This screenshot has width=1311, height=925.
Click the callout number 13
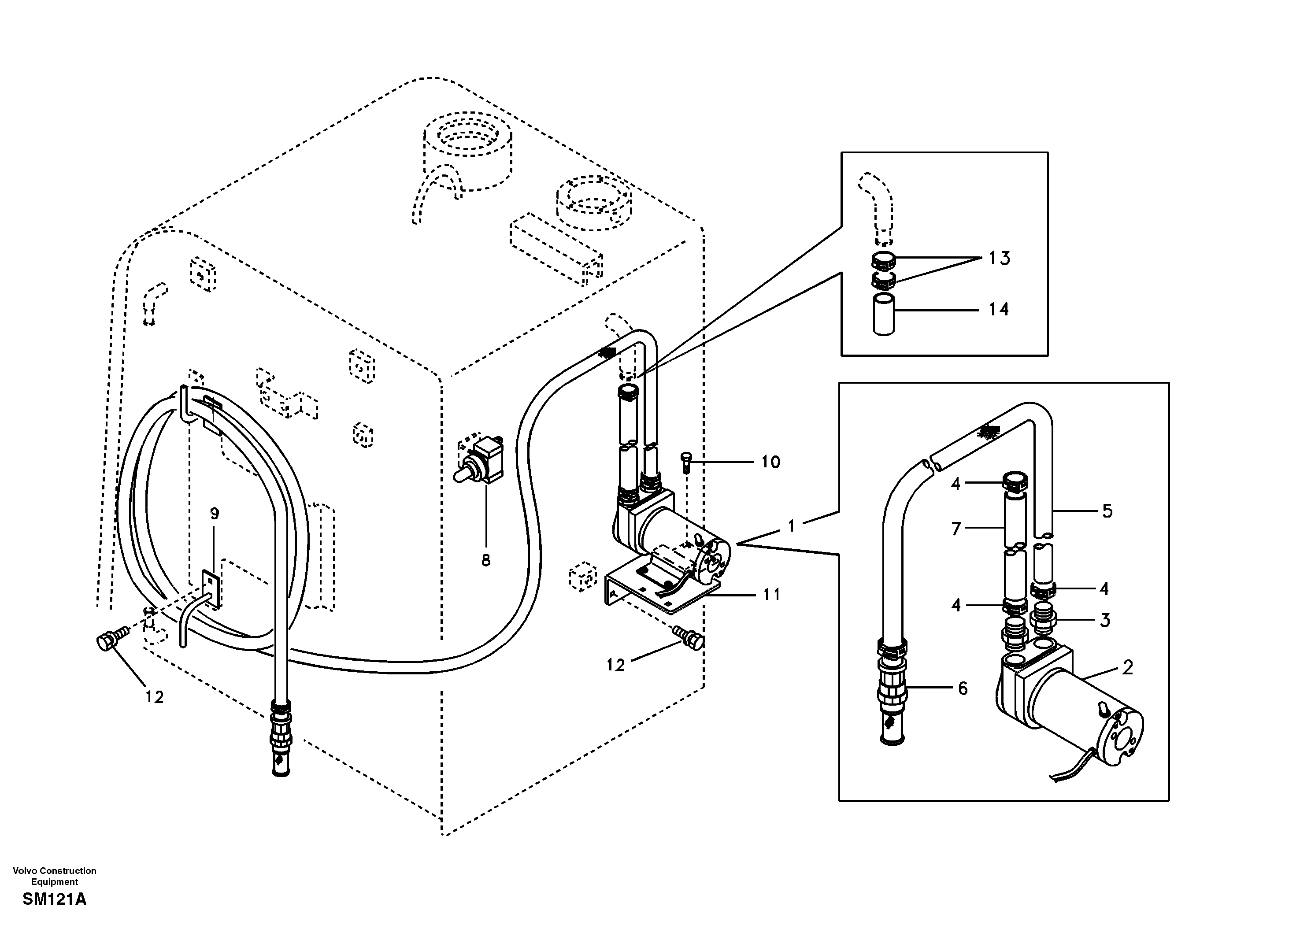(999, 258)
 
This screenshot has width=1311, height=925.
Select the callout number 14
(999, 310)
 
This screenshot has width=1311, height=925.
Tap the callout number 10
(770, 462)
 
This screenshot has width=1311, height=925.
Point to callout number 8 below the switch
(486, 561)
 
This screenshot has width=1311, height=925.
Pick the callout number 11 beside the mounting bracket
(771, 595)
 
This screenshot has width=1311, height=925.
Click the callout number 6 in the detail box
(963, 688)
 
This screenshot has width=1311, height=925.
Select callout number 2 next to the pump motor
(1127, 667)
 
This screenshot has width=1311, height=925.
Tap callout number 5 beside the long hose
(1107, 511)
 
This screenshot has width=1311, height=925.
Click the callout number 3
(1105, 620)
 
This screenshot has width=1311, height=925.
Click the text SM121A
(54, 900)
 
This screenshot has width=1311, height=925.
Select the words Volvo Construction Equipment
(54, 876)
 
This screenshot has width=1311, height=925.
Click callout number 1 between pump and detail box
(791, 526)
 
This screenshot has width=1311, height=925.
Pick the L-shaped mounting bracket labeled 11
(657, 594)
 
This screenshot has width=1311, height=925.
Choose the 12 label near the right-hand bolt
(615, 665)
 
